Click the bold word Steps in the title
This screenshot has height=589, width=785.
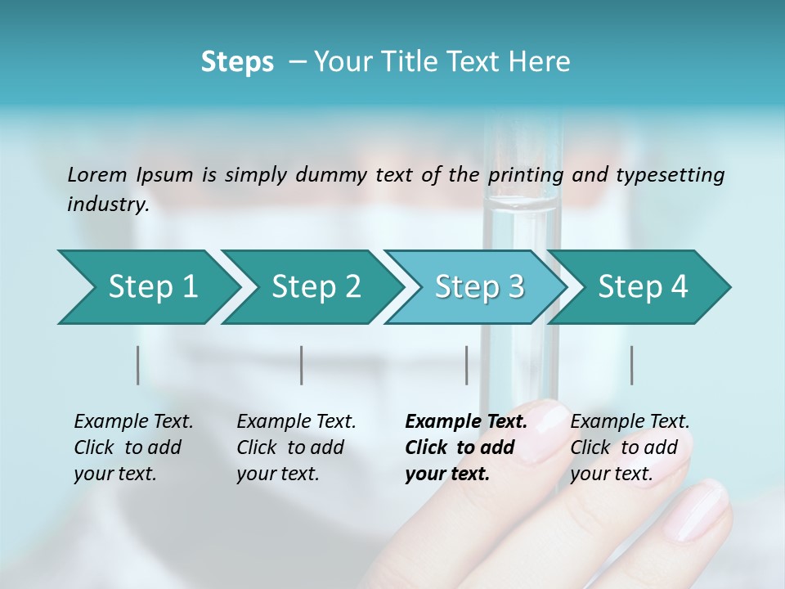pos(237,62)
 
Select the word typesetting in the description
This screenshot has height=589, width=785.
pos(669,175)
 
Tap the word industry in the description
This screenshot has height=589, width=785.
pos(107,204)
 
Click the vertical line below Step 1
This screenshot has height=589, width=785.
pos(138,365)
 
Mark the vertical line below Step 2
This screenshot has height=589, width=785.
pos(302,365)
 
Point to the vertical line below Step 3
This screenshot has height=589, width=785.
pos(466,365)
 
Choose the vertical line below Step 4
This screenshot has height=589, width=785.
pos(632,365)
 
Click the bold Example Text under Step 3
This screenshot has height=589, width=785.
pos(466,422)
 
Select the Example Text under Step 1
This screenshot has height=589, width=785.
pos(133,422)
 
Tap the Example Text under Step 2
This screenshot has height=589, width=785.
pos(296,422)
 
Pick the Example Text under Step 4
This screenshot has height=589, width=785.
pos(630,422)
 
